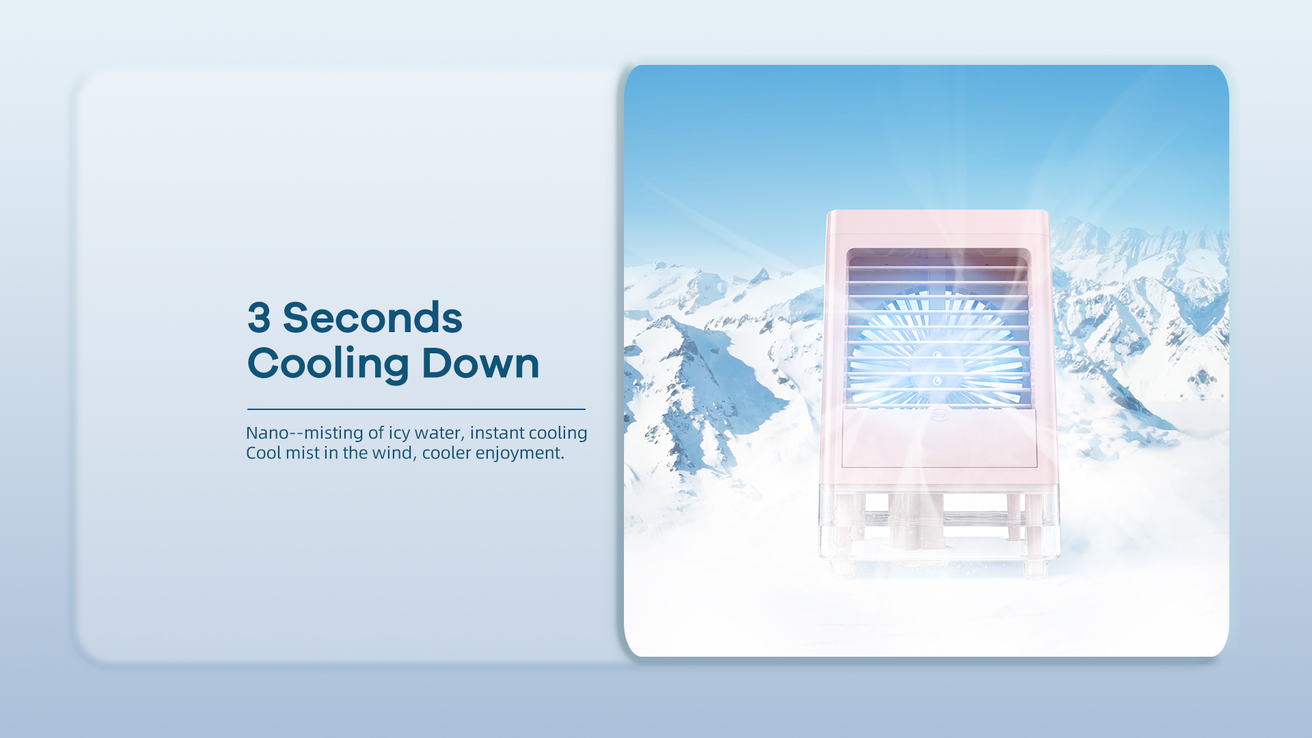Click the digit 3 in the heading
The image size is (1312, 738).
point(259,318)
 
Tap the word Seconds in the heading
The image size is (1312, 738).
point(372,318)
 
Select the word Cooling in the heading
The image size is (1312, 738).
point(328,364)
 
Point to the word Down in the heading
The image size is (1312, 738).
point(480,363)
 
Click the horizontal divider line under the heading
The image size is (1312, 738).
point(416,409)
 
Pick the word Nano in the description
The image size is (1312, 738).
point(267,433)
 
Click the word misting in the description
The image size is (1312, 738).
point(333,434)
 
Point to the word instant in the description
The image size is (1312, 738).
point(497,433)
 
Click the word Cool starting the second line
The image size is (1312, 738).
point(263,453)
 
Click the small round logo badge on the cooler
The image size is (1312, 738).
point(940,413)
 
